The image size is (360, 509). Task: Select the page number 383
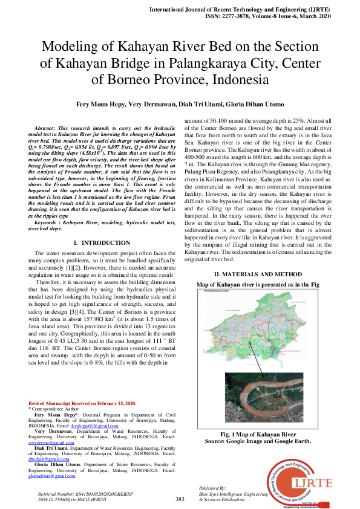tap(180, 499)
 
